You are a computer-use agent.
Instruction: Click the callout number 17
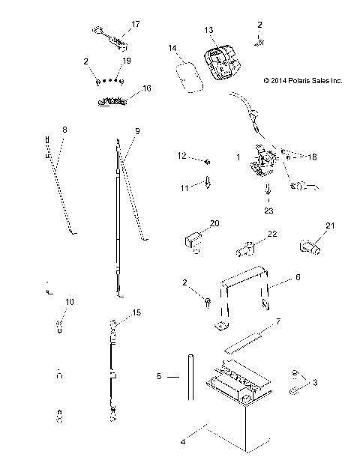click(136, 25)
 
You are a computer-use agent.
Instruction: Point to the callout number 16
click(146, 88)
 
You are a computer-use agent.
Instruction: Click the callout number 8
click(64, 130)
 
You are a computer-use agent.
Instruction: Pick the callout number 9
click(137, 130)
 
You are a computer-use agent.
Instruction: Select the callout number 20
click(214, 224)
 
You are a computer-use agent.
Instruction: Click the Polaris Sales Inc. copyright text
click(302, 80)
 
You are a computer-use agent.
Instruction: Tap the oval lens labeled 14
click(187, 76)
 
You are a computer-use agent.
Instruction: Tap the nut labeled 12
click(206, 161)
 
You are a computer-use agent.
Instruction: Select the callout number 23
click(268, 211)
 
